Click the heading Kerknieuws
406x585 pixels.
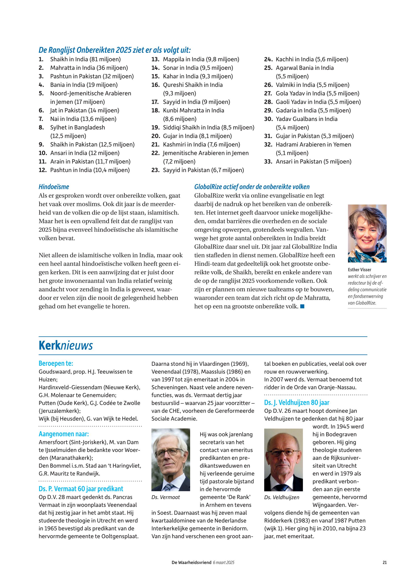point(66,346)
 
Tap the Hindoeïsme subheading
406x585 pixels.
point(54,187)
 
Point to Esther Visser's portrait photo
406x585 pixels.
point(367,233)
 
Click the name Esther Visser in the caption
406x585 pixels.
point(359,270)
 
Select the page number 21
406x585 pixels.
point(384,563)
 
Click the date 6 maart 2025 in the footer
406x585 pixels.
point(223,563)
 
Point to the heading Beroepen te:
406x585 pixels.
point(56,364)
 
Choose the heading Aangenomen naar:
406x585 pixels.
point(64,434)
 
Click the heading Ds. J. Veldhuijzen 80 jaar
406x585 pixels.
point(297,403)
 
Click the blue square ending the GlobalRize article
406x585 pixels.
point(302,307)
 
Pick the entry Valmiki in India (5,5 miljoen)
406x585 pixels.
point(312,85)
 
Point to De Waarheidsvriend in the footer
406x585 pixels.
point(191,563)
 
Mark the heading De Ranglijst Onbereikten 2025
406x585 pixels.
point(114,50)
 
